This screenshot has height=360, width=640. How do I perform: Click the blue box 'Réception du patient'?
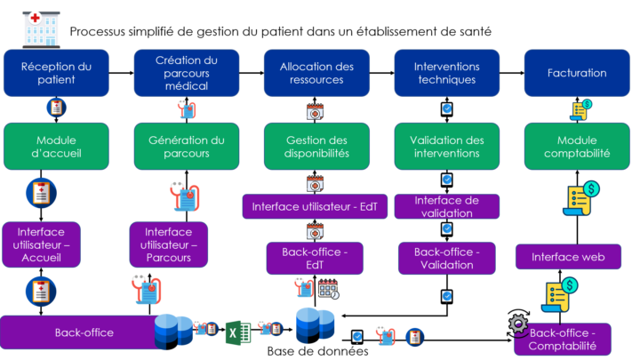point(56,73)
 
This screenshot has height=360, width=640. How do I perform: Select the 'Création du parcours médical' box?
point(187,73)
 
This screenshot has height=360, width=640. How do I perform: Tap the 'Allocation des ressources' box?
point(316,73)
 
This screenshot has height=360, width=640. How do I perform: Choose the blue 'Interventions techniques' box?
point(447,73)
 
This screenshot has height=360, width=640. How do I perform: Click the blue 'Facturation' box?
point(578,73)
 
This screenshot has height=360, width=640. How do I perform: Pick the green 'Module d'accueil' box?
point(56,147)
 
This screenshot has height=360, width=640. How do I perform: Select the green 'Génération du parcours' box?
point(187,147)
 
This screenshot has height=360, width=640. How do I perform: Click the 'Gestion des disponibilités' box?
point(316,147)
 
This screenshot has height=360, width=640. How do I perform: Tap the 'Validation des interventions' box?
point(447,147)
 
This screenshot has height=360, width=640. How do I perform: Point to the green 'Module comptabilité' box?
point(578,147)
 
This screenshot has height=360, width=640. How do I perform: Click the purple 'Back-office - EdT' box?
point(315,258)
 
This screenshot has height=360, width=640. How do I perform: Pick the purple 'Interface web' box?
point(568,258)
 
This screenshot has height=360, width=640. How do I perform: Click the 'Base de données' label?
point(317,351)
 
